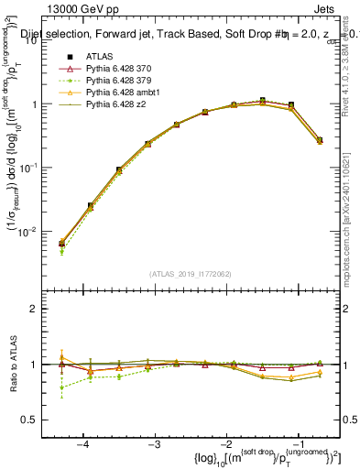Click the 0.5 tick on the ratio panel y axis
[x=35, y=420]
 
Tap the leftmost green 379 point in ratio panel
[x=61, y=387]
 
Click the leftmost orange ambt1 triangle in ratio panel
[x=61, y=357]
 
